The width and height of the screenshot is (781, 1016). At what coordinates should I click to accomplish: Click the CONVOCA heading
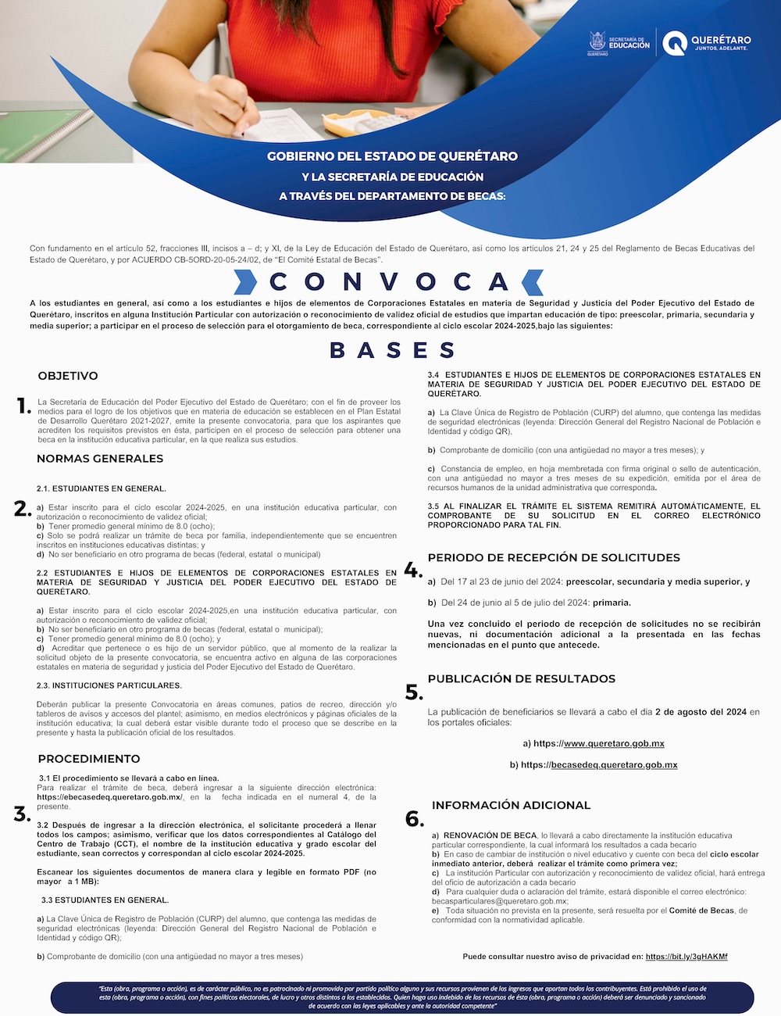[x=388, y=281]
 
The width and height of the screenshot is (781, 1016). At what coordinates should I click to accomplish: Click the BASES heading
[x=392, y=350]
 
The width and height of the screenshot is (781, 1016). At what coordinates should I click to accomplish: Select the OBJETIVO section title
[x=68, y=376]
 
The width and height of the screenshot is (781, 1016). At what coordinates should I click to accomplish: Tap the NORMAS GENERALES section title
[x=100, y=459]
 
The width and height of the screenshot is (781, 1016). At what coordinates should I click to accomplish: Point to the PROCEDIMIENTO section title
[x=89, y=759]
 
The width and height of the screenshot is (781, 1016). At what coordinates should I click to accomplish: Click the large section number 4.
[x=413, y=570]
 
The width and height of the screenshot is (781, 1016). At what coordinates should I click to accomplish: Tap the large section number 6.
[x=414, y=818]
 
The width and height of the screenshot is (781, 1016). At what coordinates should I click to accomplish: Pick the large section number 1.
[x=24, y=405]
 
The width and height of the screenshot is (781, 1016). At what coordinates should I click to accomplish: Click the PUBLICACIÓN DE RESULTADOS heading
[x=522, y=678]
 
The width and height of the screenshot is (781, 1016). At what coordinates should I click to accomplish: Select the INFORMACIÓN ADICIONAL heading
[x=511, y=805]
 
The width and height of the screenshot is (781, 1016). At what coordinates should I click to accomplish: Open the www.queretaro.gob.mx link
[x=614, y=743]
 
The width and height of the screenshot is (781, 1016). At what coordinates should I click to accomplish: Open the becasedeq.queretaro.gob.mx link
[x=614, y=764]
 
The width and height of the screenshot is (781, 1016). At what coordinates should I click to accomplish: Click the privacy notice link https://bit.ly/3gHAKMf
[x=686, y=956]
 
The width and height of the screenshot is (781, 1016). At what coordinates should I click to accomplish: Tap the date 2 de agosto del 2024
[x=701, y=712]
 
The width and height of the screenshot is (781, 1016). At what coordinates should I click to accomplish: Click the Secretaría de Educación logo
[x=619, y=44]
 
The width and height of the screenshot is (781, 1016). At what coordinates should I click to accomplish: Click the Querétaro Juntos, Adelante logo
[x=708, y=43]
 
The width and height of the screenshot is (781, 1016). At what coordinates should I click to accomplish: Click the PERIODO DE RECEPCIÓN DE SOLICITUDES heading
[x=554, y=557]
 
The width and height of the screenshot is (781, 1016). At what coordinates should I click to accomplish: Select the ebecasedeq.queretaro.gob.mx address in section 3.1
[x=109, y=797]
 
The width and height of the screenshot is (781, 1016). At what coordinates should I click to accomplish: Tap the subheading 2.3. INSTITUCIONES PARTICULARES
[x=109, y=685]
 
